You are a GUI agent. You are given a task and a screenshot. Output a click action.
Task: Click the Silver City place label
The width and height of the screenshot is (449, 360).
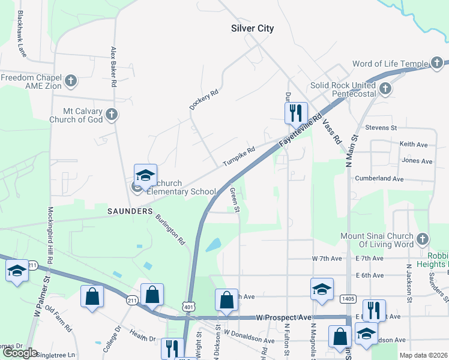pyautogui.click(x=253, y=28)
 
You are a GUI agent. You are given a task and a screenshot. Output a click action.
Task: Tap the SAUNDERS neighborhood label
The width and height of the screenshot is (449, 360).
pyautogui.click(x=130, y=211)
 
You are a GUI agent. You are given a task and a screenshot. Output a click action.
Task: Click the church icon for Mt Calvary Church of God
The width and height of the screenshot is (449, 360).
pyautogui.click(x=111, y=114)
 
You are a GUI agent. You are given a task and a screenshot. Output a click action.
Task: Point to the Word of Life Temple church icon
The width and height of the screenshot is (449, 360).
pyautogui.click(x=439, y=64)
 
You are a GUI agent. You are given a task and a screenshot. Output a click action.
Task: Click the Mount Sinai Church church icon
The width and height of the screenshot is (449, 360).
pyautogui.click(x=423, y=239)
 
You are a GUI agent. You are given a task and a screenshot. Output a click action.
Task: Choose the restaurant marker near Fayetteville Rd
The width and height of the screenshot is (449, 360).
pyautogui.click(x=296, y=113)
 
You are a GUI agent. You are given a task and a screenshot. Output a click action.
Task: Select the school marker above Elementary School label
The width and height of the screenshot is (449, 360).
pyautogui.click(x=145, y=175)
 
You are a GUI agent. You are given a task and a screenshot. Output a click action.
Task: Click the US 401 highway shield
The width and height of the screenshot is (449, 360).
pyautogui.click(x=188, y=307)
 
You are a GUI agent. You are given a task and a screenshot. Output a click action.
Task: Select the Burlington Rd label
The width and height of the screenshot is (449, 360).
pyautogui.click(x=170, y=230)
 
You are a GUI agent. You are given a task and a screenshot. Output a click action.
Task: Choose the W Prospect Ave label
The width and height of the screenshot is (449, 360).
pyautogui.click(x=284, y=316)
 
